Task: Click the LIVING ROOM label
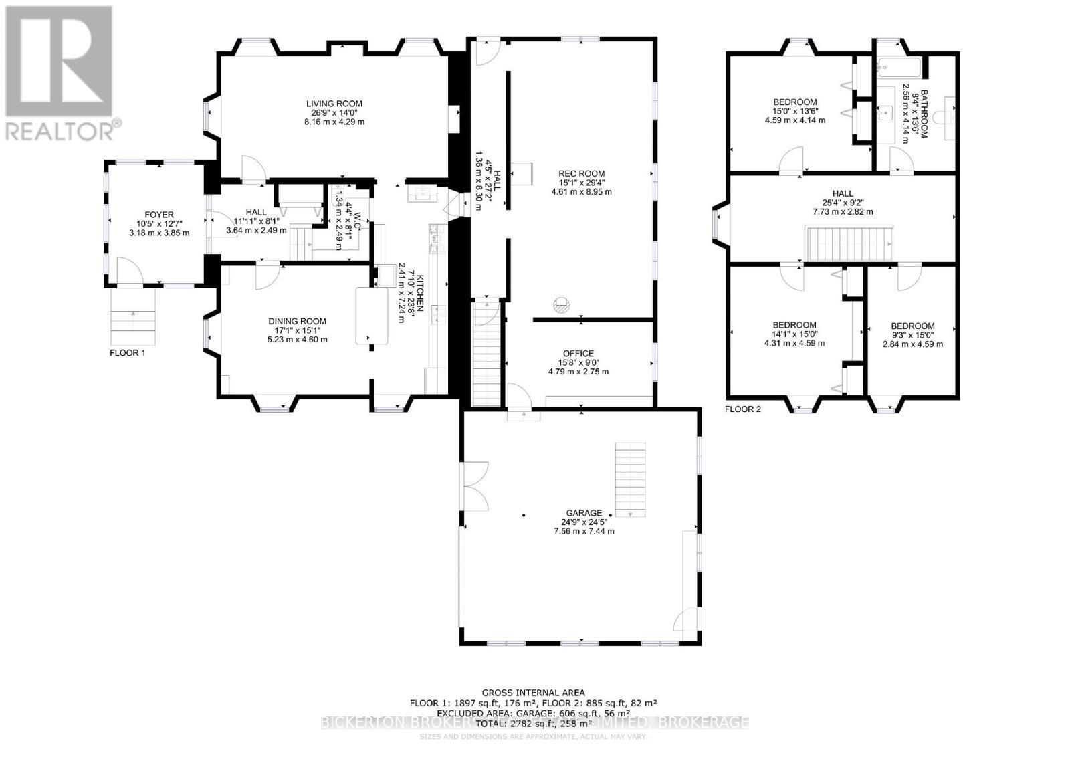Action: pyautogui.click(x=334, y=104)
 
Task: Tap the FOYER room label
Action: pyautogui.click(x=158, y=215)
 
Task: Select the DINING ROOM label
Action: pyautogui.click(x=299, y=321)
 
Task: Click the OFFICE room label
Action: pyautogui.click(x=578, y=354)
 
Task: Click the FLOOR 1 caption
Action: pyautogui.click(x=127, y=352)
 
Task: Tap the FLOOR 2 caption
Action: pyautogui.click(x=742, y=409)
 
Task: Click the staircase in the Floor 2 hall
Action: pyautogui.click(x=850, y=245)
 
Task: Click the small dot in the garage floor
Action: pyautogui.click(x=524, y=515)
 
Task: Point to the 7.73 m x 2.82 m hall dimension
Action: pyautogui.click(x=842, y=211)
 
